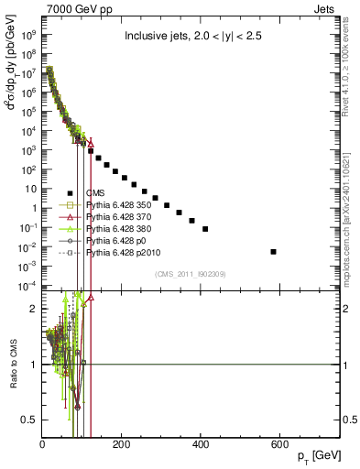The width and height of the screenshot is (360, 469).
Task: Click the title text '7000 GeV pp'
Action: point(75,8)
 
